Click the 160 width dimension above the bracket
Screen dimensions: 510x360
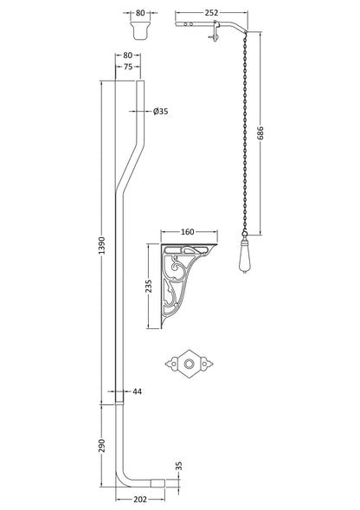coord(187,233)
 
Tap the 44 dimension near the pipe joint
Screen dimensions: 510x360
coord(138,392)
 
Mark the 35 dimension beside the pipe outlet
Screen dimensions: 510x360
coord(178,466)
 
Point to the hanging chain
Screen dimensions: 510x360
coord(246,130)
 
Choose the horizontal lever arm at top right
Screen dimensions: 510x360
coord(208,28)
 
